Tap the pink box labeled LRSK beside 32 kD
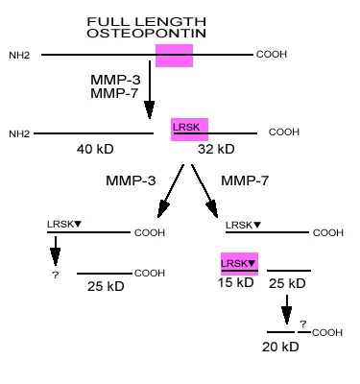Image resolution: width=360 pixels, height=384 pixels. click(189, 130)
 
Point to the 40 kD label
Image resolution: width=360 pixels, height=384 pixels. click(97, 150)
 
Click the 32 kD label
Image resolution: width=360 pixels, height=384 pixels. click(216, 150)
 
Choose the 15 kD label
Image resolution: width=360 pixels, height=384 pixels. click(237, 283)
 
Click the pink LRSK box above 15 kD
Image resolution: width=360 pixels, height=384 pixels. click(240, 264)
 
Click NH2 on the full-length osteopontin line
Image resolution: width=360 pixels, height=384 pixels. click(20, 56)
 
